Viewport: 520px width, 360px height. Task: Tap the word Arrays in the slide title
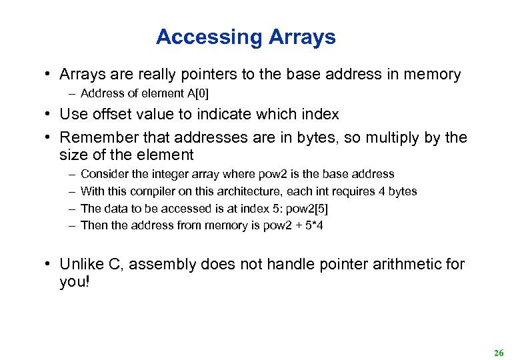(x=303, y=37)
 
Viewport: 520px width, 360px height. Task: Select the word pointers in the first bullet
(x=206, y=75)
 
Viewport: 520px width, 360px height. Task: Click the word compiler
(x=151, y=191)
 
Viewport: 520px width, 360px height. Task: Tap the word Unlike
(x=81, y=265)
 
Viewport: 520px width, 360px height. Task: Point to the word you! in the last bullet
(x=73, y=282)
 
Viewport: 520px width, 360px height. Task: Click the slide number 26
(x=499, y=353)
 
